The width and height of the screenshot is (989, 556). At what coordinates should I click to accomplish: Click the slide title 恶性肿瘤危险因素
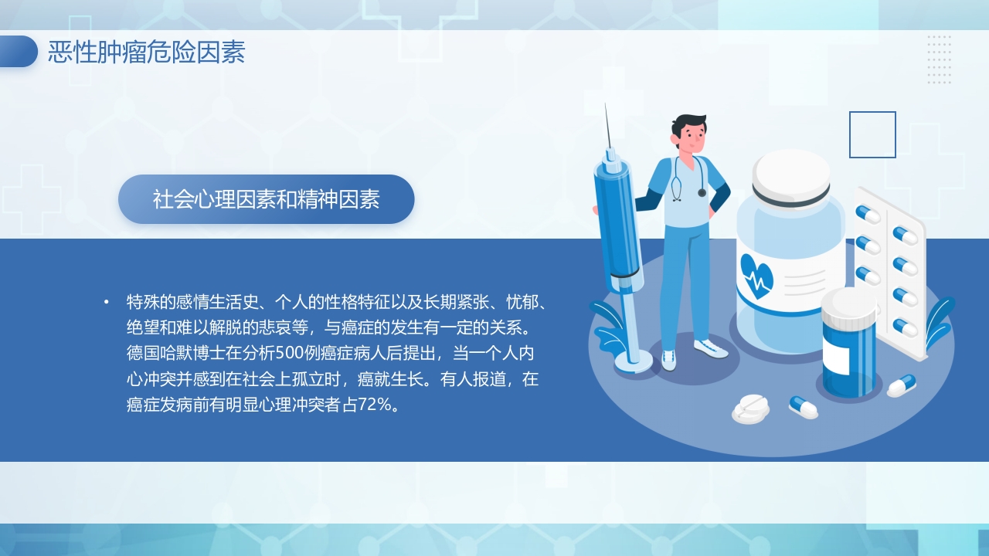coord(146,53)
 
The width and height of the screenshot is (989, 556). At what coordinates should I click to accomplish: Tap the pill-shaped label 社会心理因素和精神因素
coord(266,199)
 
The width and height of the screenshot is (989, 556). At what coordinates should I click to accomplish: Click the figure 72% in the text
coord(376,405)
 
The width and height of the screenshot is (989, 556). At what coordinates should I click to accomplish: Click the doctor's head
coord(689,134)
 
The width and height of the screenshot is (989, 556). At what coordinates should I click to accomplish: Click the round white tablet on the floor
coord(750,407)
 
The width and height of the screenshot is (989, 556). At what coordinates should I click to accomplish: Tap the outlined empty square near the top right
coord(872,134)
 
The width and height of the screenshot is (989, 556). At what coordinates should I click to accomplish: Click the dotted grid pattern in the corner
coord(939,59)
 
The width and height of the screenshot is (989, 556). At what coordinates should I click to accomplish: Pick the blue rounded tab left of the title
coord(18,52)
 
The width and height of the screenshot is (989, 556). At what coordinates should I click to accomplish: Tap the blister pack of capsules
coord(890,270)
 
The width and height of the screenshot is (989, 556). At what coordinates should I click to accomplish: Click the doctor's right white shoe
coord(711,348)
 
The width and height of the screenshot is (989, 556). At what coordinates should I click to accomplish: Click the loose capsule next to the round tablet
coord(804,407)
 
